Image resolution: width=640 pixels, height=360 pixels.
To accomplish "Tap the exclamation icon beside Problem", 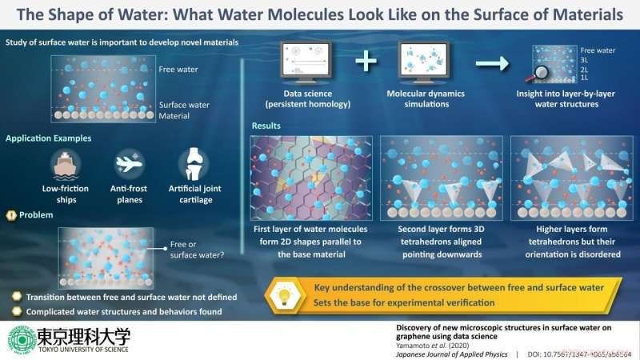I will coord(11,214).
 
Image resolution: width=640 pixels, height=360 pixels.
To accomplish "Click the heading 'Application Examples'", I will coord(49,138).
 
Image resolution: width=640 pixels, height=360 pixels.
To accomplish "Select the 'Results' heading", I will coord(266,126).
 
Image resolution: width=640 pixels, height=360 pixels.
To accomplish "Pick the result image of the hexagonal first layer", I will coord(310,178).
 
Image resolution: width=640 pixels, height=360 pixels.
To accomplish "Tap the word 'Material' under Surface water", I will coord(175,115).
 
